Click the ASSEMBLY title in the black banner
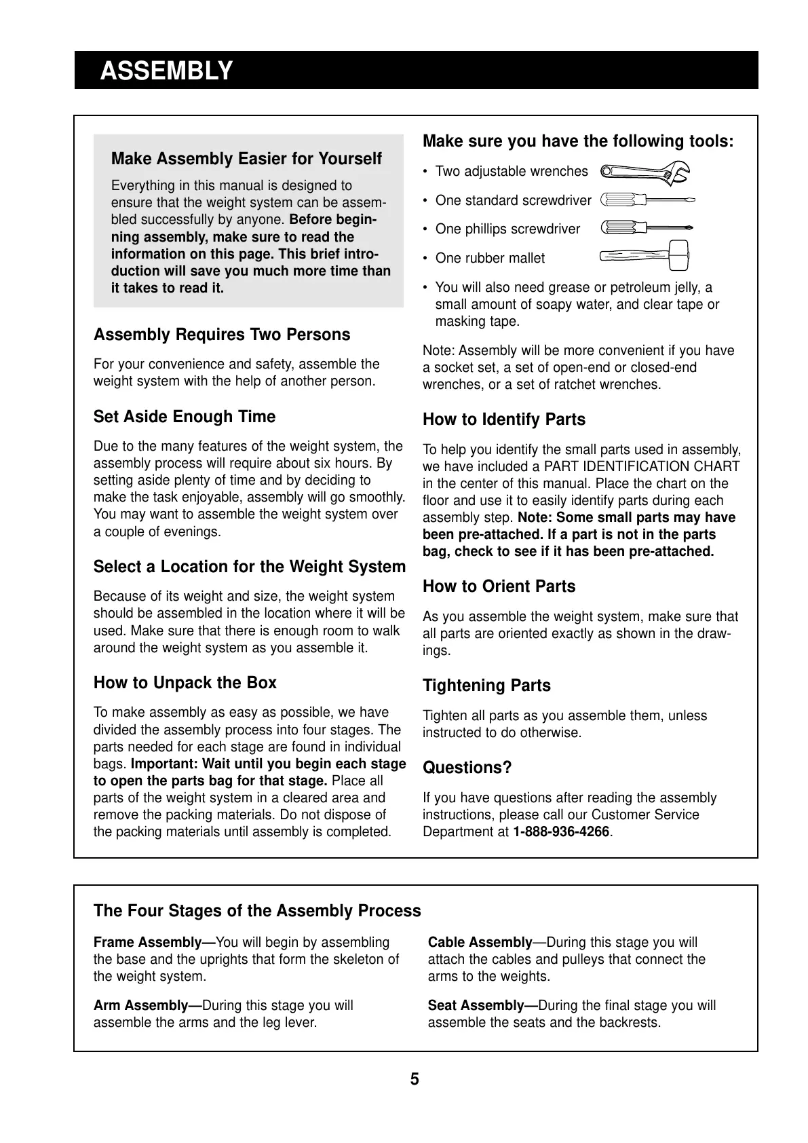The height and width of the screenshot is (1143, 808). click(x=166, y=71)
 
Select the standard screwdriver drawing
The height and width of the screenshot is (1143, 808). click(x=648, y=200)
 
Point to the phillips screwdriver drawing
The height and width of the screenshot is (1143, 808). click(x=647, y=228)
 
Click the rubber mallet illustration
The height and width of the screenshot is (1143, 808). click(x=645, y=256)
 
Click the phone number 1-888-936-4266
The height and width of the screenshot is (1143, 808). click(x=561, y=832)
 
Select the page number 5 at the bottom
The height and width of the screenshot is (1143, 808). click(x=415, y=1079)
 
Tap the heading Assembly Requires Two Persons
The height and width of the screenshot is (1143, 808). click(x=222, y=335)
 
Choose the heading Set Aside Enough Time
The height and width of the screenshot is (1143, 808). click(x=185, y=417)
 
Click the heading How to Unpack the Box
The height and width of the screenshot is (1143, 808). click(x=185, y=683)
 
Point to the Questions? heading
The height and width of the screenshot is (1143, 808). click(x=467, y=768)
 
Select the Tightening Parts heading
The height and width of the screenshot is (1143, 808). click(x=486, y=686)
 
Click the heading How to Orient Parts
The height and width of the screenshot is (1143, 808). click(x=499, y=586)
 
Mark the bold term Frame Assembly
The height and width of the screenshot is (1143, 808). click(x=154, y=943)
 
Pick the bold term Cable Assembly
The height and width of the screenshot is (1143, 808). click(x=480, y=943)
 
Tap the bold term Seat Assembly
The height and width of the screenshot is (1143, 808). click(x=482, y=1006)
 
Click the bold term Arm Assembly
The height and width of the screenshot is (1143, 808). click(x=148, y=1006)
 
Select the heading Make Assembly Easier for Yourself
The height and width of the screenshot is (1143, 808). click(x=246, y=159)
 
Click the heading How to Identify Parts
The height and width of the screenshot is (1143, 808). click(x=504, y=419)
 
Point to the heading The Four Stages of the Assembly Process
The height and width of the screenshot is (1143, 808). click(x=257, y=911)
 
